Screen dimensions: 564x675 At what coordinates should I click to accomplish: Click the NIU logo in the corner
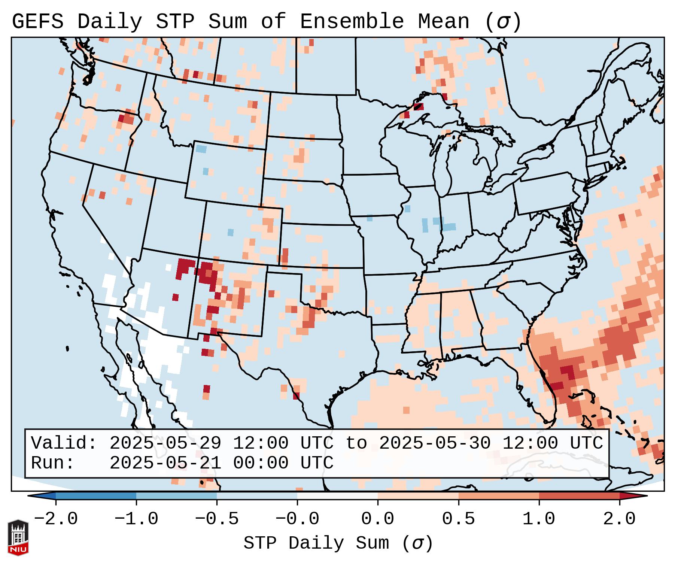tap(18, 537)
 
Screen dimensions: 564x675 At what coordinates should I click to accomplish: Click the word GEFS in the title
tap(37, 22)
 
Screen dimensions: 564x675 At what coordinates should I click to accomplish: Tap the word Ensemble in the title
tap(352, 22)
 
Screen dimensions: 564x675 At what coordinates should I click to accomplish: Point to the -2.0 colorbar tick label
tap(56, 519)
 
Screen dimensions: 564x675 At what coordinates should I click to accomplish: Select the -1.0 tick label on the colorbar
tap(136, 519)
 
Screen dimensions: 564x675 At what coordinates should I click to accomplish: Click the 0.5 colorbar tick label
tap(458, 519)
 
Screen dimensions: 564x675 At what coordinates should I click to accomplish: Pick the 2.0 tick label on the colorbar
tap(619, 519)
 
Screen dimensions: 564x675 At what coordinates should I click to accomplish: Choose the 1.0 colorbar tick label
tap(539, 519)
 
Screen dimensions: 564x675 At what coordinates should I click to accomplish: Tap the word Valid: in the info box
tap(64, 443)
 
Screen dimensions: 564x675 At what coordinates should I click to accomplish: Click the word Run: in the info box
tap(52, 463)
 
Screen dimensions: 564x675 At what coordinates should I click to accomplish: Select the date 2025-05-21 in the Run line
tap(165, 463)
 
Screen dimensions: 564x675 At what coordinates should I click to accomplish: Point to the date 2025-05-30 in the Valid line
tap(435, 443)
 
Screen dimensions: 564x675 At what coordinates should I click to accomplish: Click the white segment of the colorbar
tap(337, 496)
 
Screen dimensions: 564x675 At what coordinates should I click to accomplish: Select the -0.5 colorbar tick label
tap(217, 519)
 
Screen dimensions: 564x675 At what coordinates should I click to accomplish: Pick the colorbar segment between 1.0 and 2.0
tap(579, 496)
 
